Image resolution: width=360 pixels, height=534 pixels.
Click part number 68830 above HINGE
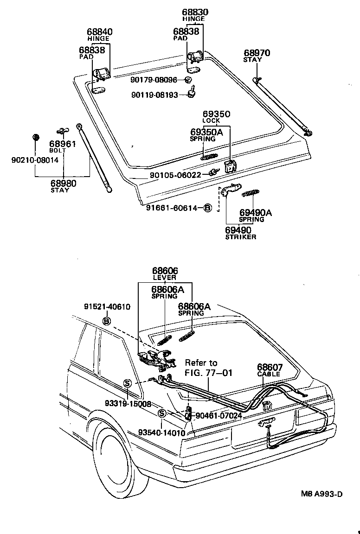[x=195, y=12]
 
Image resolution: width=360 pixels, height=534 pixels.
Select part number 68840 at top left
[x=100, y=32]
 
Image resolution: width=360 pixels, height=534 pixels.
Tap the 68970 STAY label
[x=257, y=53]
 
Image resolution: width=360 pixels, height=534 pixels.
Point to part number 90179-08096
[x=154, y=80]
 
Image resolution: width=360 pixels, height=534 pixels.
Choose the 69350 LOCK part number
[x=216, y=114]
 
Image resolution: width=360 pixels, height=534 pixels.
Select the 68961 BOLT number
[x=63, y=144]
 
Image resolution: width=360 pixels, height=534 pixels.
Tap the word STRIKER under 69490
[x=241, y=237]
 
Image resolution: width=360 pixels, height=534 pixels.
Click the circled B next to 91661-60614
[x=208, y=208]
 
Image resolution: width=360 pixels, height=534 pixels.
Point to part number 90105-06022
[x=175, y=175]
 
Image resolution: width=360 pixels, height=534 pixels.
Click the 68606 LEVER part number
[x=165, y=271]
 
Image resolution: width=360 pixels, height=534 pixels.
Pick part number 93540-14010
[x=161, y=432]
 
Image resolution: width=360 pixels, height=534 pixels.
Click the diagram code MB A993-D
[x=320, y=494]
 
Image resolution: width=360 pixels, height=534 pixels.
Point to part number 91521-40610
[x=107, y=307]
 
